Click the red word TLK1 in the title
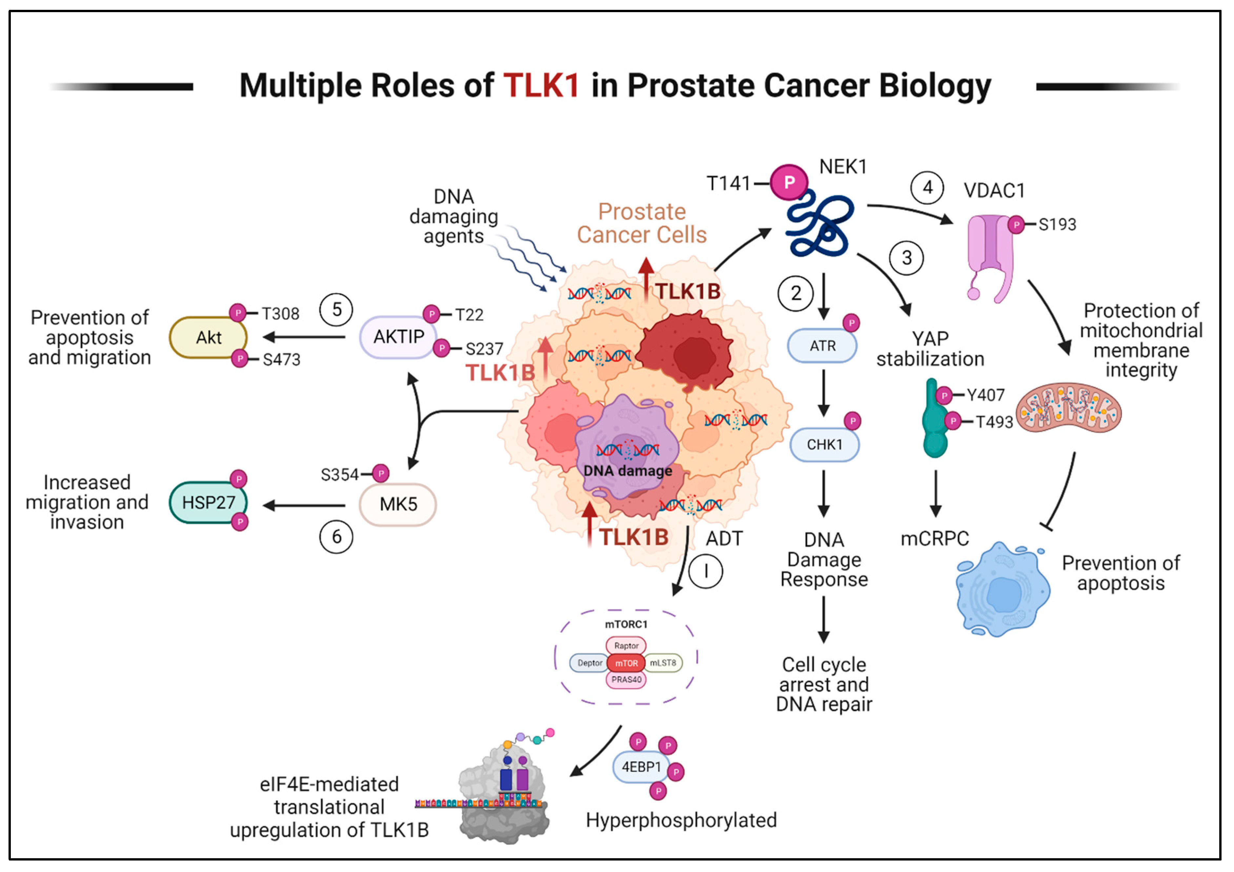(541, 86)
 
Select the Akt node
(209, 338)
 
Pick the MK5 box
(398, 504)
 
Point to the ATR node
(822, 346)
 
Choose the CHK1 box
(824, 445)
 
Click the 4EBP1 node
(641, 767)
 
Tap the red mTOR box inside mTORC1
(626, 663)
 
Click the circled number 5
(336, 310)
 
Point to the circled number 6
(336, 537)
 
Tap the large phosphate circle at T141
(789, 182)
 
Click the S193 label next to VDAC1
(1057, 225)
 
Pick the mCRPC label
(935, 538)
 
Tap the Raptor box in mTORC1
(626, 646)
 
